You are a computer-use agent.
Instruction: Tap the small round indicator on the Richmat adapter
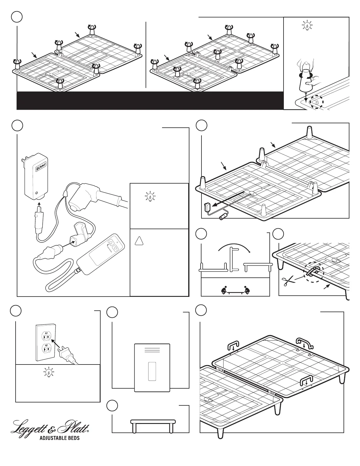[36, 193]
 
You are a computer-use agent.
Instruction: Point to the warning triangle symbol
[140, 241]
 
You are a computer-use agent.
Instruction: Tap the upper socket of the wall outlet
[46, 335]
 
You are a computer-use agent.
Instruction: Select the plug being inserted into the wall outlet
[65, 353]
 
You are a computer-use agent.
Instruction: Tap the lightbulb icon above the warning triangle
[151, 197]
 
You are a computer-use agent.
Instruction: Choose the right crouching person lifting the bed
[246, 291]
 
